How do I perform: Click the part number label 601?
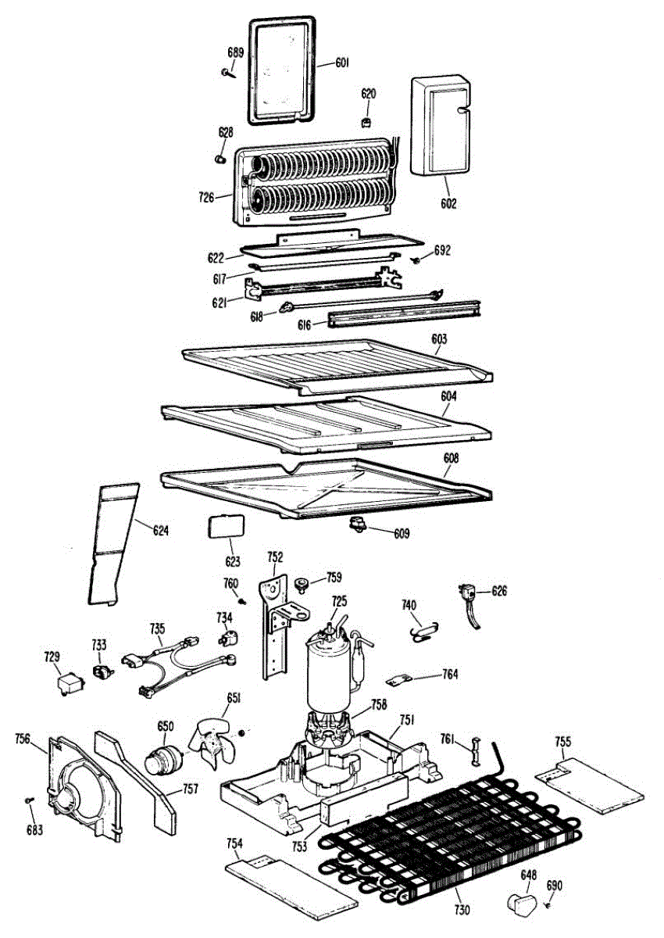[342, 63]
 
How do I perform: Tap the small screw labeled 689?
[227, 73]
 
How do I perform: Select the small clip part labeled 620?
[367, 124]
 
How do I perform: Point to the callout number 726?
[206, 197]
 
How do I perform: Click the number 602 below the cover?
[448, 204]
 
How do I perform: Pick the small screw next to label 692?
[416, 260]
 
